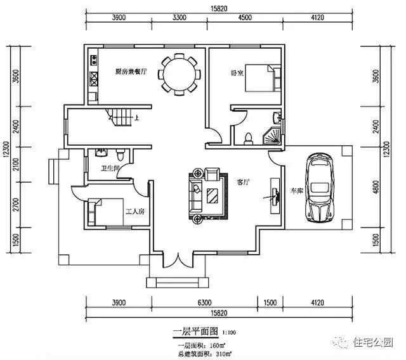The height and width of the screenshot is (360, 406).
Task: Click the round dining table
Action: [x=180, y=74]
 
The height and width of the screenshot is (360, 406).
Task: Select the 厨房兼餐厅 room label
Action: [x=131, y=71]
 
